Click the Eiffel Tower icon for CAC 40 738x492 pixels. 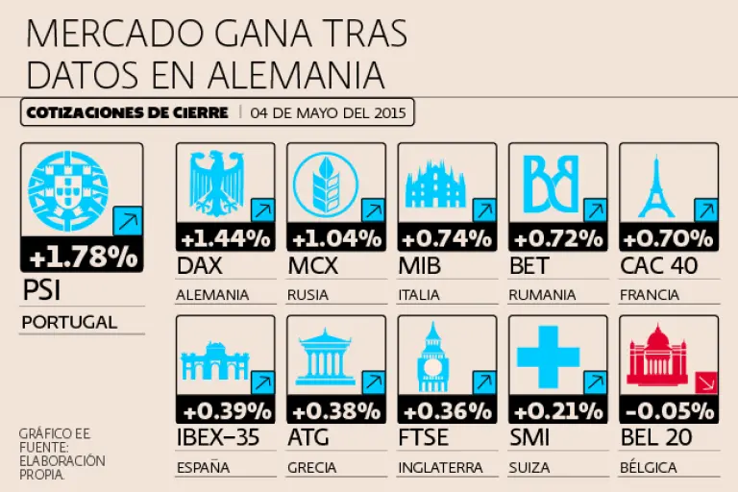[656, 187]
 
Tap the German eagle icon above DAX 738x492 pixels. [217, 184]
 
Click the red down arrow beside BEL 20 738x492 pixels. [706, 382]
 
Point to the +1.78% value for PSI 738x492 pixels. [84, 258]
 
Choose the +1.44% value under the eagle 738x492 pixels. [226, 239]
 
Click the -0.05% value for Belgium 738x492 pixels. [669, 411]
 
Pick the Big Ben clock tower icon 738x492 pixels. [433, 357]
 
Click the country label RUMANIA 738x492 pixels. [542, 295]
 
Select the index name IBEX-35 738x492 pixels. [218, 437]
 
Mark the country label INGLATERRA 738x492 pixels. [440, 468]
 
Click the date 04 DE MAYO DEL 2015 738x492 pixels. [328, 113]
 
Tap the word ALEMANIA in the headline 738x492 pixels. [296, 74]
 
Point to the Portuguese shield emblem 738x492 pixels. [68, 191]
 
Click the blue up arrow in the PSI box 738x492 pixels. [128, 220]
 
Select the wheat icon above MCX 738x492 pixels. [325, 184]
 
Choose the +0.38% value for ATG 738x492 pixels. [336, 412]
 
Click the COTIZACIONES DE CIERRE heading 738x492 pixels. [127, 113]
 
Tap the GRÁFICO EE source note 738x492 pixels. [55, 433]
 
